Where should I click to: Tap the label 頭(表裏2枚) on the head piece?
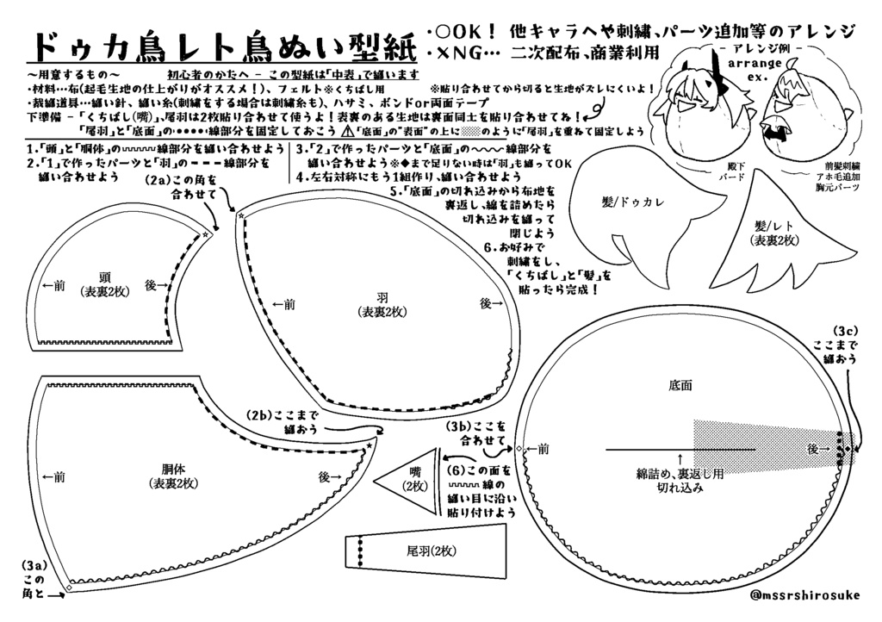103,284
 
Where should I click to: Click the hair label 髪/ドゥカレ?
636,201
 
